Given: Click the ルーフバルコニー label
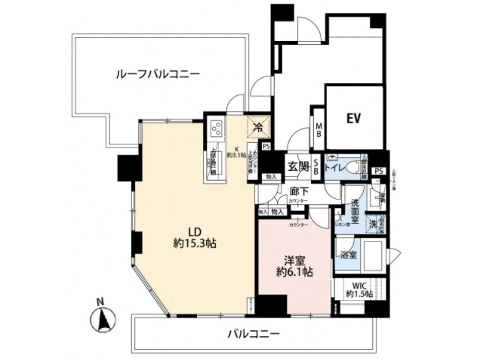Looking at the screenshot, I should click(x=158, y=74).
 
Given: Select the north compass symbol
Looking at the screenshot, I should click(x=102, y=320).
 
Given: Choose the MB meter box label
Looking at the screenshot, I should click(x=319, y=129).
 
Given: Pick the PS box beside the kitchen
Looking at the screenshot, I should click(x=266, y=146).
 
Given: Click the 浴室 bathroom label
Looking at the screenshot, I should click(x=348, y=255).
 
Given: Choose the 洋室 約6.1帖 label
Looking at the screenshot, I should click(x=295, y=267).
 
